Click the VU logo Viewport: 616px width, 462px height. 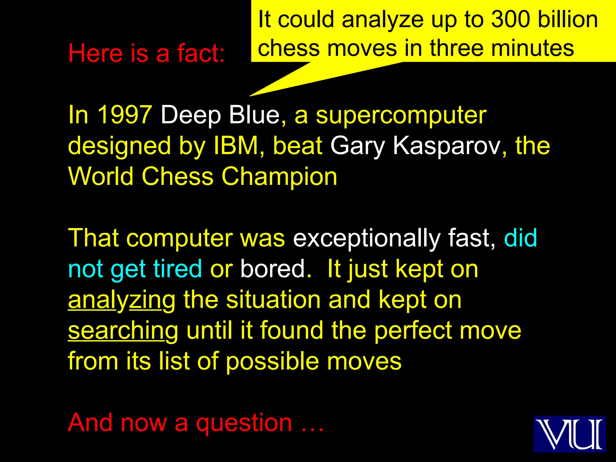[x=569, y=434]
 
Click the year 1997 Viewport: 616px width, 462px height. [x=125, y=115]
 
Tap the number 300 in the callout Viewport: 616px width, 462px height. [x=510, y=20]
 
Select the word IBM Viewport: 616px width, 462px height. [x=236, y=146]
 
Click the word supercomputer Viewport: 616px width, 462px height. [x=401, y=115]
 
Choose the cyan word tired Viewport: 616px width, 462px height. [x=177, y=269]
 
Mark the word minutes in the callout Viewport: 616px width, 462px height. [x=532, y=48]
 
